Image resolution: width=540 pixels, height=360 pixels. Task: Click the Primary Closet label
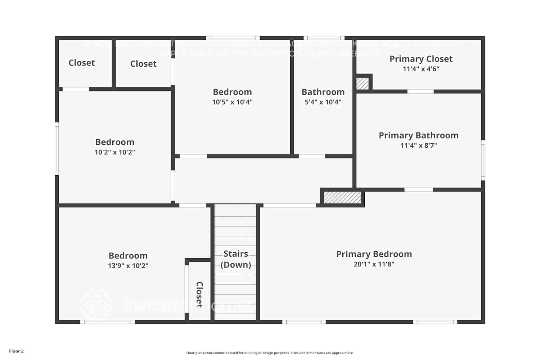[421, 59]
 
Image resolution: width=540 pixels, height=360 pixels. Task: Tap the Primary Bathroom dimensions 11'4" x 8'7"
[418, 145]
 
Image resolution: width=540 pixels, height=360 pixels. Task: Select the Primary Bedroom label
[374, 254]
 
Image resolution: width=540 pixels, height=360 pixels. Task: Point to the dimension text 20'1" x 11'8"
[374, 264]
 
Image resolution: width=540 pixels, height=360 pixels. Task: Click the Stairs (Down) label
[235, 259]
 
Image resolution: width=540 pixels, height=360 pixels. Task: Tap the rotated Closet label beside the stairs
[199, 294]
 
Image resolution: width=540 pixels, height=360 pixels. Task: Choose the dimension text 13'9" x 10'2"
[128, 266]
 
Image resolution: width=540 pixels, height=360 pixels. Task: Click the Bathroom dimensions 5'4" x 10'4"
[323, 102]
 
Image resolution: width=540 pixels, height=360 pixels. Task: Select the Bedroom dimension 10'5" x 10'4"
[232, 102]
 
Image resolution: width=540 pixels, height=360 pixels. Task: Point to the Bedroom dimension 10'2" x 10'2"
[114, 152]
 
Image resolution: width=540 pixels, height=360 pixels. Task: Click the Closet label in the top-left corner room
[82, 63]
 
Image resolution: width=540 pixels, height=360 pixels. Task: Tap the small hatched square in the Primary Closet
[363, 84]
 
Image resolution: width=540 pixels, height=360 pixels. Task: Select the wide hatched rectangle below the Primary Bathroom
[342, 197]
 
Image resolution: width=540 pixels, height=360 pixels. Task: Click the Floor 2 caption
[16, 351]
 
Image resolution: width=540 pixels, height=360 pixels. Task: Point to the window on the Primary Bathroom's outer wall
[483, 160]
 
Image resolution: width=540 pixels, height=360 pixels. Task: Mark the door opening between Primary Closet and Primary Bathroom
[420, 91]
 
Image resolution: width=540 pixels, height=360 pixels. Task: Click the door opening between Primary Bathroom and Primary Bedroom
[418, 189]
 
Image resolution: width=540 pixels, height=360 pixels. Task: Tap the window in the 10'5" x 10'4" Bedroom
[233, 38]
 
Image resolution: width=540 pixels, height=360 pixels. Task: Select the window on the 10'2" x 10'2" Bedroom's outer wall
[57, 149]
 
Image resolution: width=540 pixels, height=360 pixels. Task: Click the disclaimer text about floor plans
[270, 353]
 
